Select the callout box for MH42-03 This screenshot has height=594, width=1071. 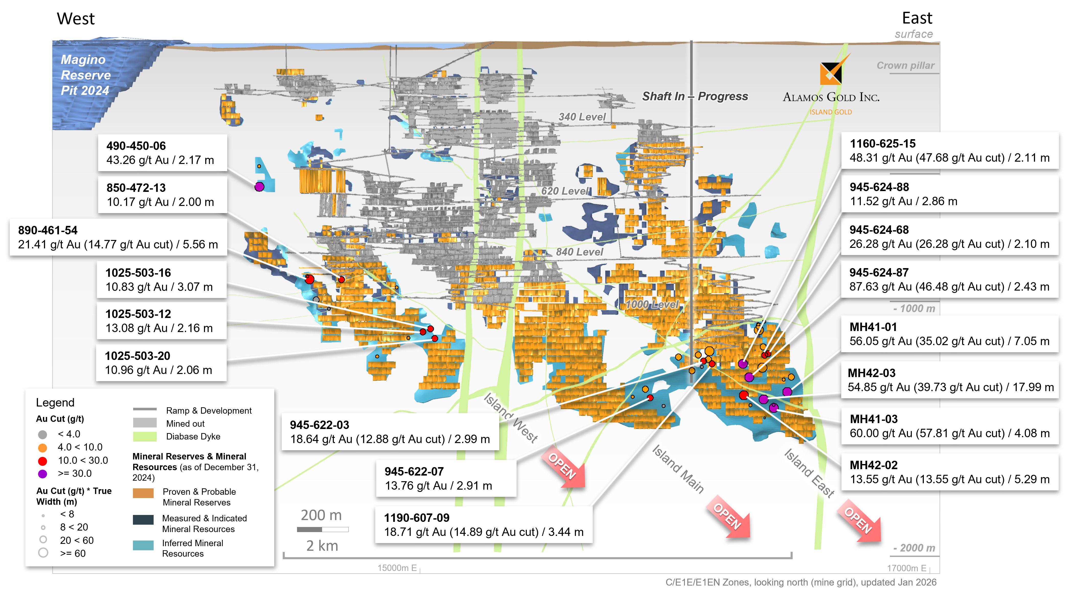[x=950, y=380]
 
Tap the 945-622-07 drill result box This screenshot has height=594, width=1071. [x=446, y=478]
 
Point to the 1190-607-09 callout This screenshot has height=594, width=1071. [x=484, y=525]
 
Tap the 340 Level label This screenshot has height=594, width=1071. [x=582, y=117]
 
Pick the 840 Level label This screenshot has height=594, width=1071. [x=579, y=252]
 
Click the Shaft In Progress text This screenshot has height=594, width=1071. [x=695, y=96]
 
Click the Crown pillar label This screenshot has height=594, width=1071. [x=906, y=66]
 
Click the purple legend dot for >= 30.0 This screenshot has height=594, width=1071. [x=42, y=474]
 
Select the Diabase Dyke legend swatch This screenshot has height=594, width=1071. [x=145, y=437]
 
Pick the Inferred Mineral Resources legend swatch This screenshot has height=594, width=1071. [x=143, y=545]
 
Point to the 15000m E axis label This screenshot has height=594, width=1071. [x=397, y=568]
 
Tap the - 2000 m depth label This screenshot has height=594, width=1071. [x=915, y=548]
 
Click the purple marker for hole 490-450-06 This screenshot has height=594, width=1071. [x=259, y=187]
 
